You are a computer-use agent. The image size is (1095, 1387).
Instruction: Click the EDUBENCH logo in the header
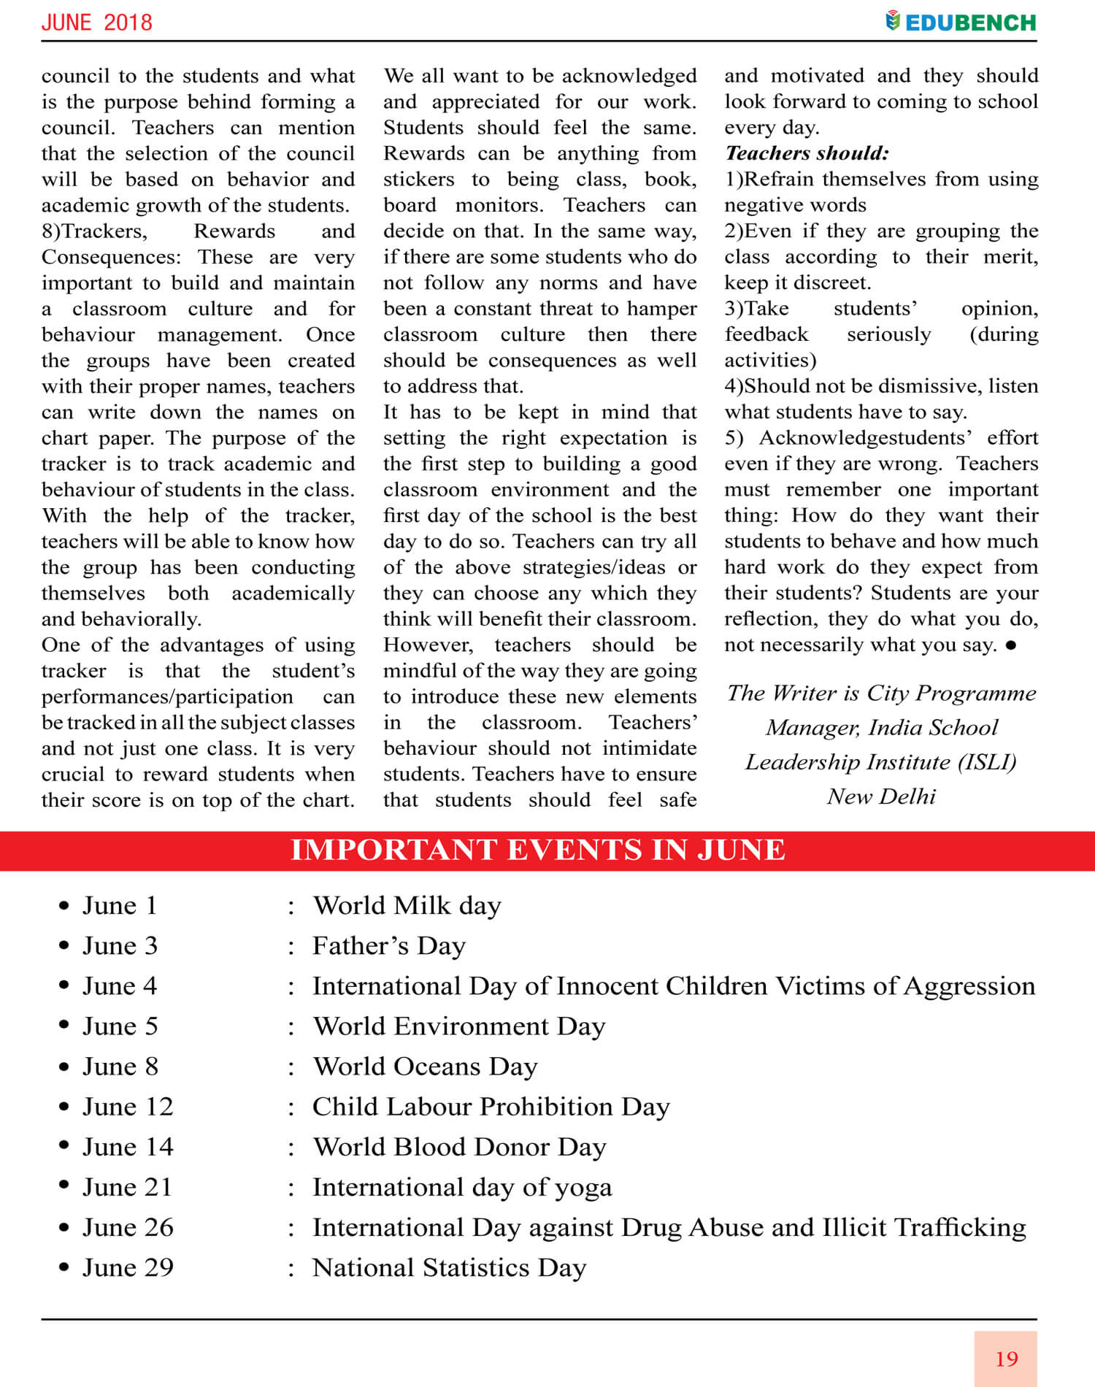pos(961,22)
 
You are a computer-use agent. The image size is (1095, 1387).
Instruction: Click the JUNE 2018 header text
pos(97,23)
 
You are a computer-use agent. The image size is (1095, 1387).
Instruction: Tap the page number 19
pos(1006,1359)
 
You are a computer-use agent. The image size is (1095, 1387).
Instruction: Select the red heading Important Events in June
pos(538,850)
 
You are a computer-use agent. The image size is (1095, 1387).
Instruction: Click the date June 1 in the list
pos(120,906)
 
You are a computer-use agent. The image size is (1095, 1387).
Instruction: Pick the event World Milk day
pos(407,906)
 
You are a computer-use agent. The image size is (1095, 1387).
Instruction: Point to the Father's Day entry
pos(388,946)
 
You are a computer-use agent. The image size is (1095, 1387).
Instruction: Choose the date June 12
pos(128,1107)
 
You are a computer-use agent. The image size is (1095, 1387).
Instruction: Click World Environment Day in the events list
pos(459,1026)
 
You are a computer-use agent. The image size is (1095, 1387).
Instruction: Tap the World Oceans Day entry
pos(425,1067)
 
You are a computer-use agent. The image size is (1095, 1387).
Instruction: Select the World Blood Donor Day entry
pos(459,1147)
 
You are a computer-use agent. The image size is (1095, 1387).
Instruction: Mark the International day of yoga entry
pos(462,1188)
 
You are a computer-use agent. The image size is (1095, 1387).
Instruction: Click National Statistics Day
pos(449,1268)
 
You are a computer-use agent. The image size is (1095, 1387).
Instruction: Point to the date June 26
pos(128,1228)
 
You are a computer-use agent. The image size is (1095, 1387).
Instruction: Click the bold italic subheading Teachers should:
pos(807,153)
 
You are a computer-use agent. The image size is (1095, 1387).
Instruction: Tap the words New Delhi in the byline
pos(881,796)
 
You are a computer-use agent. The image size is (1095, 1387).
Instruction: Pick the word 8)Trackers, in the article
pos(94,231)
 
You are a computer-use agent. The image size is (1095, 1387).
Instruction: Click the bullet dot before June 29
pos(64,1267)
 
